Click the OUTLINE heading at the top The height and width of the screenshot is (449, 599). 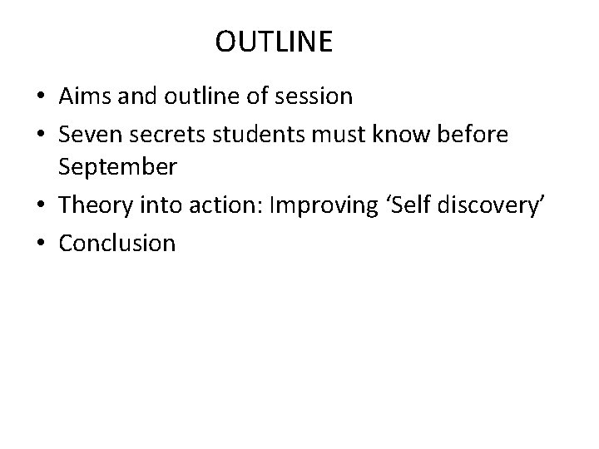click(273, 42)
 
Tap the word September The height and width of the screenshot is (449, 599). click(116, 167)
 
